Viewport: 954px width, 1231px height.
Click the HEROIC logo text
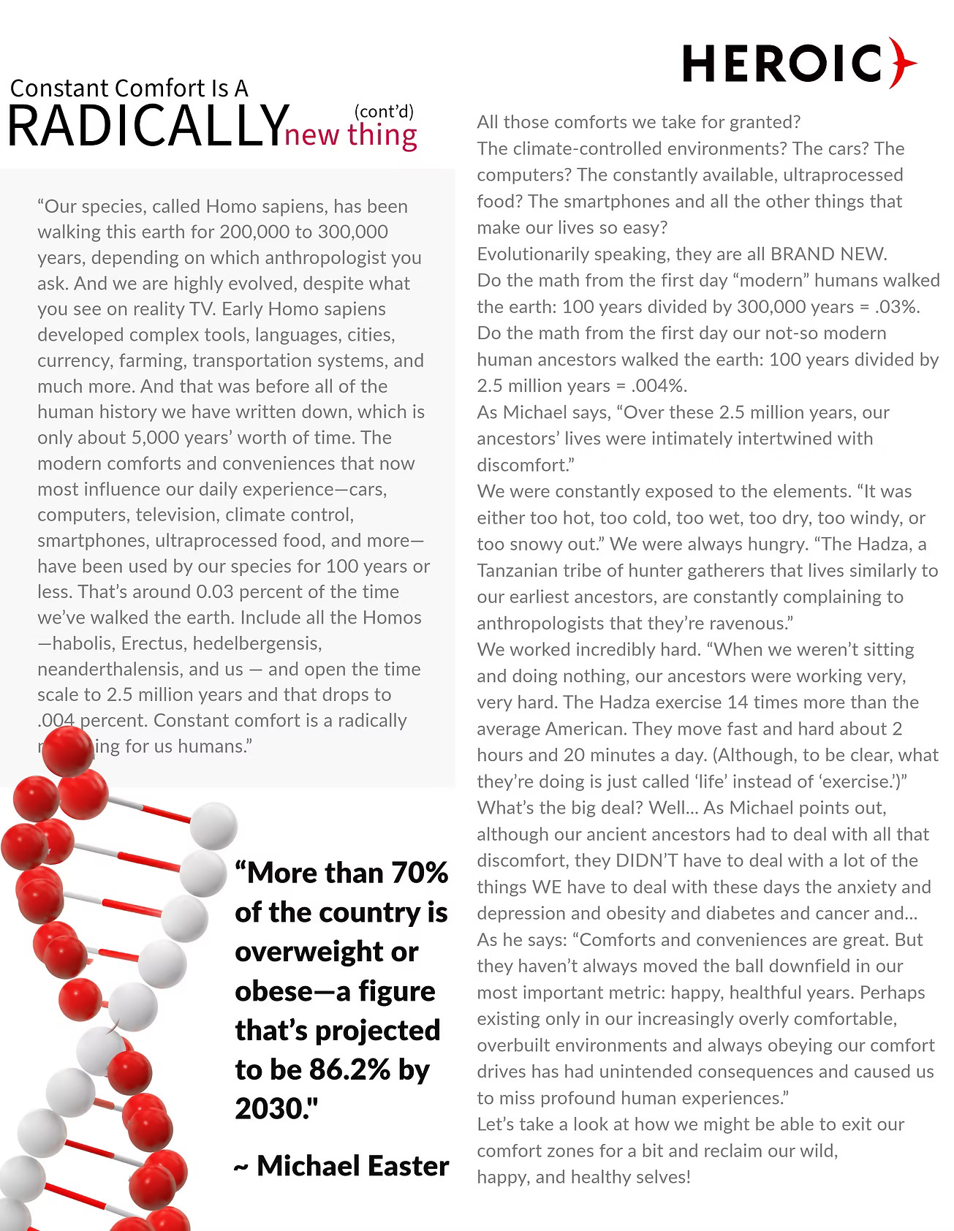pyautogui.click(x=783, y=64)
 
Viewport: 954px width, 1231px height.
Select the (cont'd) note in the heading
pyautogui.click(x=384, y=111)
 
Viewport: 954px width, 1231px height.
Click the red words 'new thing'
pyautogui.click(x=351, y=136)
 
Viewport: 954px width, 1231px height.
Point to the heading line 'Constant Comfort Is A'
pyautogui.click(x=129, y=88)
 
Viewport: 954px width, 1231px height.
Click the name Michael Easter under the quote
pyautogui.click(x=352, y=1166)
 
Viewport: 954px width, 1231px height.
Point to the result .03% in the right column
pyautogui.click(x=896, y=307)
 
